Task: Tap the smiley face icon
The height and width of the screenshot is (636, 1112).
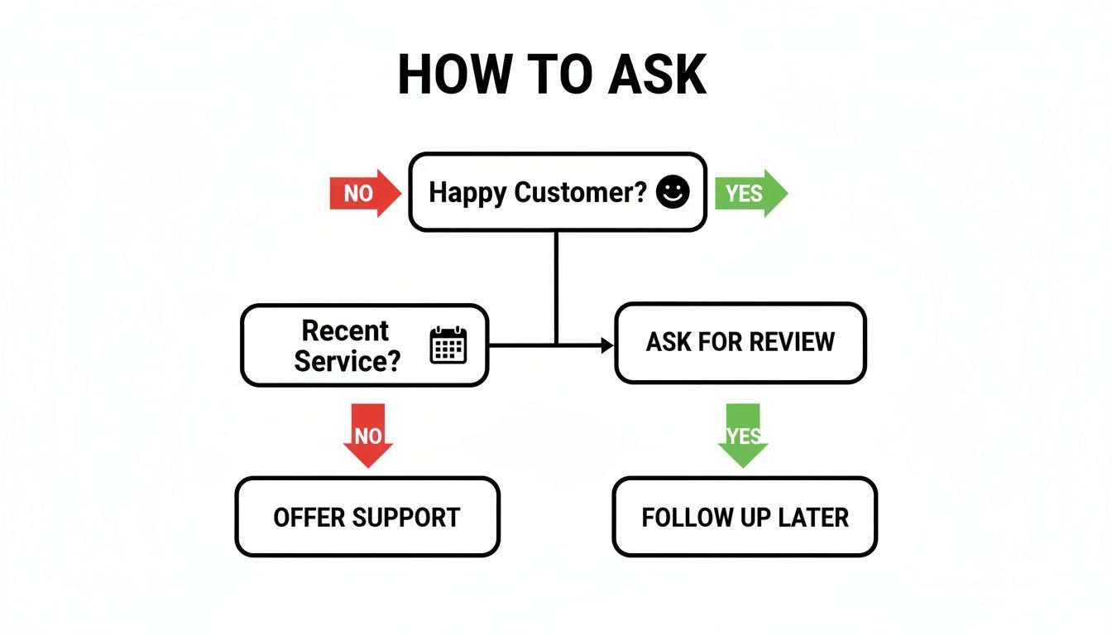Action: click(x=672, y=192)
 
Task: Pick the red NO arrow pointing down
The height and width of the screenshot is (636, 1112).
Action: click(x=368, y=434)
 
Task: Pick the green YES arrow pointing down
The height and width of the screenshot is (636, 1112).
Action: click(x=742, y=434)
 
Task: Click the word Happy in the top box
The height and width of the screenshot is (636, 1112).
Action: click(x=467, y=193)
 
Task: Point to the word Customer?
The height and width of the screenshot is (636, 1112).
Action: click(x=581, y=193)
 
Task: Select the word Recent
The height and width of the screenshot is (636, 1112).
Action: click(x=345, y=330)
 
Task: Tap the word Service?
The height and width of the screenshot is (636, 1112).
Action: click(x=347, y=360)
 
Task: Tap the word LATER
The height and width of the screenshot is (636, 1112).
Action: click(x=812, y=518)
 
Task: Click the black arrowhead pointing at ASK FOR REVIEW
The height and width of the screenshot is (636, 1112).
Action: click(x=607, y=344)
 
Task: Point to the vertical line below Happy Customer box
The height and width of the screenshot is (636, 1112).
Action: click(x=556, y=282)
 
